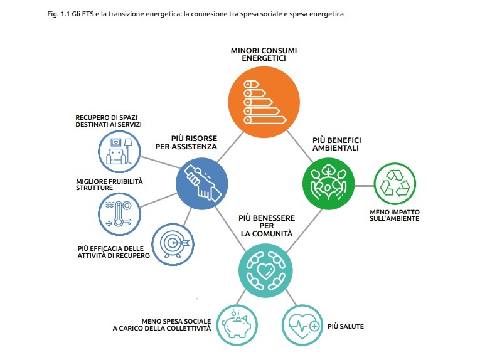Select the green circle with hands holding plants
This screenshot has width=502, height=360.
point(329,183)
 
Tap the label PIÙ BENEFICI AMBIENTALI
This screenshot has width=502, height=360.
point(337,144)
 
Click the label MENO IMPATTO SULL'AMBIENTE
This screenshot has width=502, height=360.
point(395,215)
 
